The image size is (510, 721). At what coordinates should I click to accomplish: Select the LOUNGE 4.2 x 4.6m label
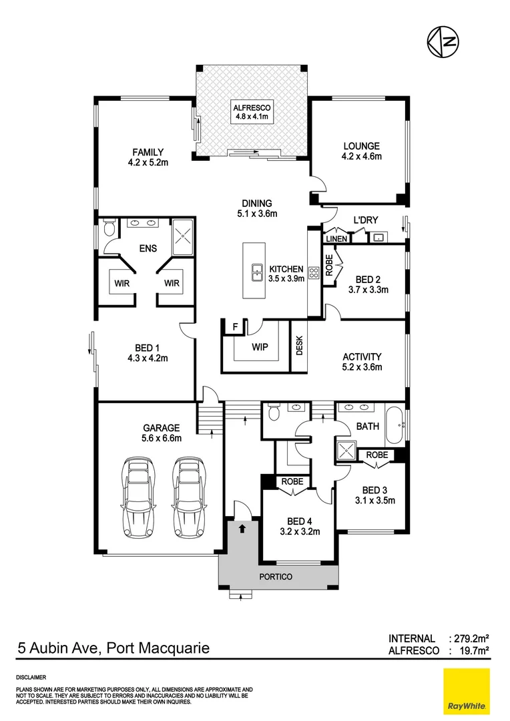(361, 152)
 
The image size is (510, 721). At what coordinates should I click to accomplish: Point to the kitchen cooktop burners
(313, 272)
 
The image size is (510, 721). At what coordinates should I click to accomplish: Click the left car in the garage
(140, 497)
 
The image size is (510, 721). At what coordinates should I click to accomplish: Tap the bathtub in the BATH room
(395, 425)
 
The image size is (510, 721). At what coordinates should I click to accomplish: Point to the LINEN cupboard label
(335, 238)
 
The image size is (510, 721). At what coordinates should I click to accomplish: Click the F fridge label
(234, 326)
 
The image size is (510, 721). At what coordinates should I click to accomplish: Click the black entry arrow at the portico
(242, 527)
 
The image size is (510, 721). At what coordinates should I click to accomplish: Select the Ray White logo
(466, 691)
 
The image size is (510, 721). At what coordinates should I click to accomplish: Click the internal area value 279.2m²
(471, 639)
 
